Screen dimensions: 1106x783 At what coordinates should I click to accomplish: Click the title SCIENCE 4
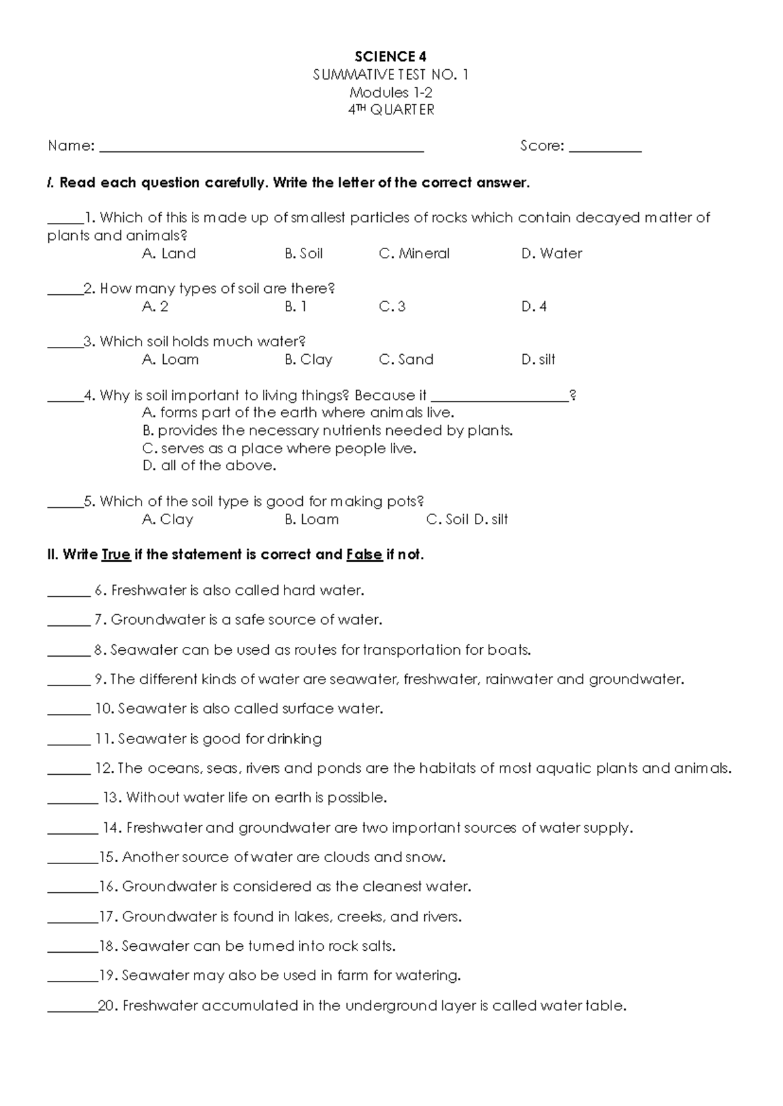pos(390,57)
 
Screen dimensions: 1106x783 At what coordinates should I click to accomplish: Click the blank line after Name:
pos(261,147)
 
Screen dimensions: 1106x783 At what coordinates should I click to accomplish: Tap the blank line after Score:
pos(605,147)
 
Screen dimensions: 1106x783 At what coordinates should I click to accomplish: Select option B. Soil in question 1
pos(303,254)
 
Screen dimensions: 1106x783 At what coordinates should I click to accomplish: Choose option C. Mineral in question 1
pos(414,254)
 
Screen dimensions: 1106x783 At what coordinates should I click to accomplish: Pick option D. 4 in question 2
pos(534,306)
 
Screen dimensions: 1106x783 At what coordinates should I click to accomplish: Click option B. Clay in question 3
pos(308,359)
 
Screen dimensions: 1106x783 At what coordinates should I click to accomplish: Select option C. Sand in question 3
pos(406,359)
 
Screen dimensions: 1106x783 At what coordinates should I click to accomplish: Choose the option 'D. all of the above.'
pos(209,466)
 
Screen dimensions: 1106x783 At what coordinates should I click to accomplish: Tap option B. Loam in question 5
pos(311,520)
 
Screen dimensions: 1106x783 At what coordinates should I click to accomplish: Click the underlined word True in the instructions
pos(116,555)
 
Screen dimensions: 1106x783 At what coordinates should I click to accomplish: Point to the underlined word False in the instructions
pos(364,555)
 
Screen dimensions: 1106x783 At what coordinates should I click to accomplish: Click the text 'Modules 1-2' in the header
pos(390,93)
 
